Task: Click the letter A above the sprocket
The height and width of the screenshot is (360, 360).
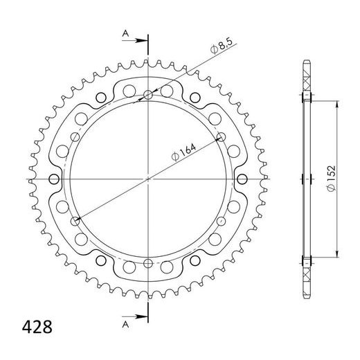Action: coord(125,33)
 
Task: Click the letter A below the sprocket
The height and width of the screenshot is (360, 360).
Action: coord(125,323)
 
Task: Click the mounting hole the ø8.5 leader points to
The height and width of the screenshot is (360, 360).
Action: coord(149,95)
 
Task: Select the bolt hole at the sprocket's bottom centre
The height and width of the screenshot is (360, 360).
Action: coord(149,262)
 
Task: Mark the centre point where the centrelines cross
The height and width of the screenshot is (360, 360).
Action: coord(149,179)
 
